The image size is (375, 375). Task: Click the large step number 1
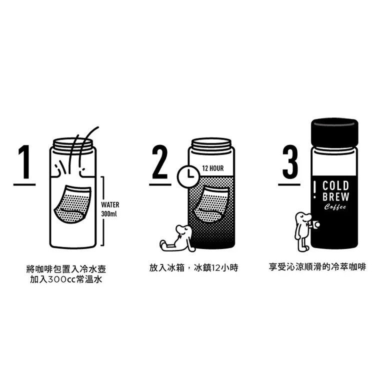(24, 162)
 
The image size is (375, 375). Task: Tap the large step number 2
(160, 162)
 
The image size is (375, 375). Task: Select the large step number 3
(290, 162)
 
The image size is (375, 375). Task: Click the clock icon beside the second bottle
(188, 176)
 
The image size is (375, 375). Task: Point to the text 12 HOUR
(213, 168)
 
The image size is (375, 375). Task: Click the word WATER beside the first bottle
(110, 204)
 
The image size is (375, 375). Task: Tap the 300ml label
(109, 213)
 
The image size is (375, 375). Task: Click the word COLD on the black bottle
(335, 186)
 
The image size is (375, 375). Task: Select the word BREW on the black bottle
(335, 196)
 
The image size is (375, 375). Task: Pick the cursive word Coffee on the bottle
(335, 207)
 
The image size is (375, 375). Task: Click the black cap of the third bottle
(334, 132)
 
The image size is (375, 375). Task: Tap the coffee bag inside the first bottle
(72, 204)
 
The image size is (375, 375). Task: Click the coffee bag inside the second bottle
(211, 204)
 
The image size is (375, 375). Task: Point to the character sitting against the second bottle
(177, 238)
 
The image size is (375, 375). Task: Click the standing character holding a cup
(305, 231)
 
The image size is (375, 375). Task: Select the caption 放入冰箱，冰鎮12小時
(193, 268)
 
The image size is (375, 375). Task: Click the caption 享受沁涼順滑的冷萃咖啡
(317, 267)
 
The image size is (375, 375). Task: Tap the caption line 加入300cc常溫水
(66, 279)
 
